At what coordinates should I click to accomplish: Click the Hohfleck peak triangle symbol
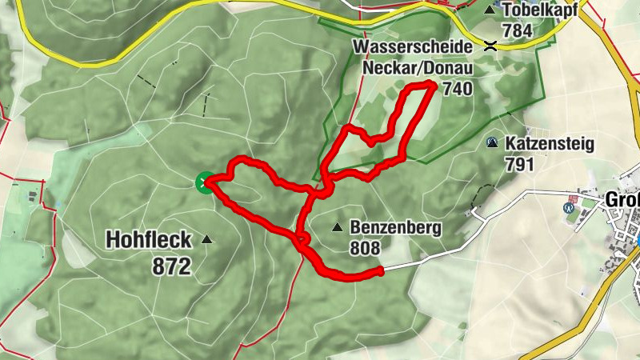pos(208,238)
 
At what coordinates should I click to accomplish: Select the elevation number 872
pos(172,266)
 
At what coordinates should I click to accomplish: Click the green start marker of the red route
pos(204,183)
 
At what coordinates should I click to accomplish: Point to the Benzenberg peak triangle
pos(338,227)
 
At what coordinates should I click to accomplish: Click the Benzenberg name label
pos(395,228)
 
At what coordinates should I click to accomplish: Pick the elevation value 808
pos(365,248)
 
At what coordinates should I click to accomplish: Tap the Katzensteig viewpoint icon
pos(491,143)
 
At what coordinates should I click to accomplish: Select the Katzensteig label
pos(549,144)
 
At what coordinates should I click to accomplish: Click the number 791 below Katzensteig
pos(519,164)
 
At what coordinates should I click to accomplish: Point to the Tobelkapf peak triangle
pos(490,10)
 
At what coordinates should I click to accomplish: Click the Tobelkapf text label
pos(540,10)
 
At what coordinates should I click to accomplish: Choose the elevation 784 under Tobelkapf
pos(518,30)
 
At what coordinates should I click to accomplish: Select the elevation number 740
pos(457,89)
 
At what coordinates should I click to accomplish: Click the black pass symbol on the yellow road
pos(490,46)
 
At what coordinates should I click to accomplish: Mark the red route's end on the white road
pos(379,272)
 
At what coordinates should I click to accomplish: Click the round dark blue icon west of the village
pos(569,206)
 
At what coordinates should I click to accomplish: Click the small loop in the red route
pos(302,238)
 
